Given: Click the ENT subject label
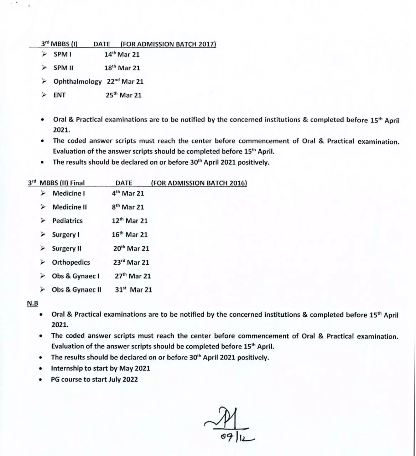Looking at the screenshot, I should [59, 95].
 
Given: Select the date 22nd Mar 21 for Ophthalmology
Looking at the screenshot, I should [125, 82].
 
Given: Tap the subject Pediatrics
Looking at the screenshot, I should [67, 221].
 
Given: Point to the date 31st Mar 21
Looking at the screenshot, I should [133, 290].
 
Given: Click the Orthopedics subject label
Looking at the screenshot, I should [71, 263].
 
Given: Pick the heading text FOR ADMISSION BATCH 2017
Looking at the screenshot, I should [168, 44].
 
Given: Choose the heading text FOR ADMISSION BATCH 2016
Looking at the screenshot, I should [199, 183].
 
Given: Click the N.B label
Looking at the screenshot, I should [33, 304].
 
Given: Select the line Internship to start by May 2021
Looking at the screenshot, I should [100, 368].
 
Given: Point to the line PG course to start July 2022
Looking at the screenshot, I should [94, 379].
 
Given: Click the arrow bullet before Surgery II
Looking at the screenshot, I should [43, 248].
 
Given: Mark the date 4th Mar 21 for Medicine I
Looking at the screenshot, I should [128, 193].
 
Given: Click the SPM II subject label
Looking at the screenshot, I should [63, 68].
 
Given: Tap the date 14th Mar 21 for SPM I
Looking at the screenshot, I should [122, 55].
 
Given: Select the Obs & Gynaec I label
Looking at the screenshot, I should [76, 276].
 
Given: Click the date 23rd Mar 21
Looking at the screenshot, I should [131, 263].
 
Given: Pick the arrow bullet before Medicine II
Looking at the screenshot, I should [43, 207].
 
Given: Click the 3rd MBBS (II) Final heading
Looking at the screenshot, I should [56, 183].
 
